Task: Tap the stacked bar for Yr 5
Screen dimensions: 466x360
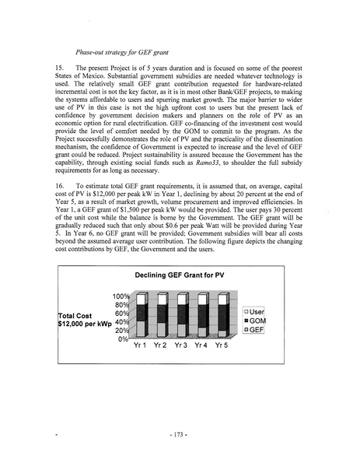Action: tap(222, 315)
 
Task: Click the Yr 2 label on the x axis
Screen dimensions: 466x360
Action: tap(162, 345)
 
